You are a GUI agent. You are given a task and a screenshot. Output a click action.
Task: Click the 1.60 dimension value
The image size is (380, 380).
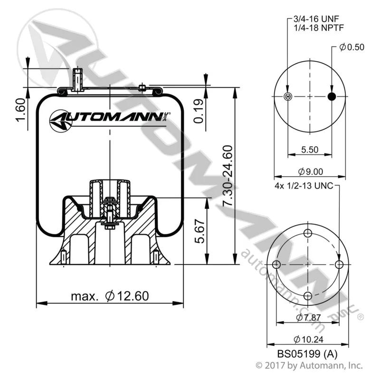[x=20, y=110]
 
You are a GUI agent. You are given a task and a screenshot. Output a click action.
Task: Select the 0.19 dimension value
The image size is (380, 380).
[x=199, y=111]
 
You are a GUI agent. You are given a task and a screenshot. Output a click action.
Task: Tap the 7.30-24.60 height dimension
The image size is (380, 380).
[x=228, y=176]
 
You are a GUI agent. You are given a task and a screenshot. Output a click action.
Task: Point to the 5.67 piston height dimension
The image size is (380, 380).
[x=200, y=231]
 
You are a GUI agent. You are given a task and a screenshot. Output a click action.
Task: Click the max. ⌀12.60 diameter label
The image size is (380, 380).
[x=110, y=296]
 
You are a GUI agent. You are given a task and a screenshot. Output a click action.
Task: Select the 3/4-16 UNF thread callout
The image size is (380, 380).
[x=316, y=19]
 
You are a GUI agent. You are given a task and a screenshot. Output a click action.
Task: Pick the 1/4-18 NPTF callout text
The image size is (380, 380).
[x=319, y=28]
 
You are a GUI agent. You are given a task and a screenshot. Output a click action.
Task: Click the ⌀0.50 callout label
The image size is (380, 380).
[x=351, y=47]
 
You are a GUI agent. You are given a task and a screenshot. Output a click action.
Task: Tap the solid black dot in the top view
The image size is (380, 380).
[x=332, y=96]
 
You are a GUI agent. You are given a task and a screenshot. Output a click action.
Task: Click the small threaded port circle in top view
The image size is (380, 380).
[x=288, y=97]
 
